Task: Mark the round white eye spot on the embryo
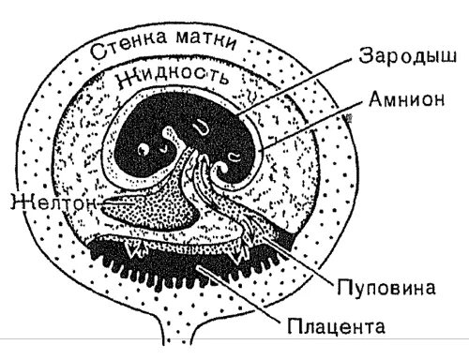(145, 148)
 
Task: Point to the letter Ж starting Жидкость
(123, 81)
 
